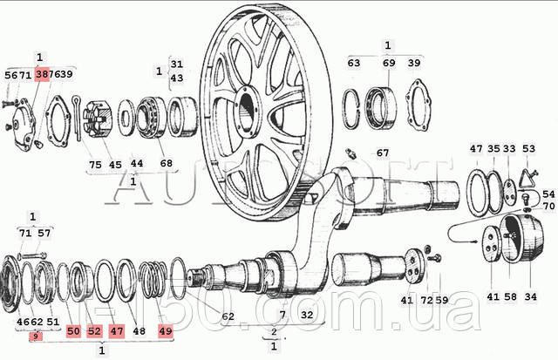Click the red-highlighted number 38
[42, 76]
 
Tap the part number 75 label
[95, 165]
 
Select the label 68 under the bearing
[167, 164]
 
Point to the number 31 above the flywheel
[177, 64]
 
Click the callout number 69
[389, 63]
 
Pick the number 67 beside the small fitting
[382, 153]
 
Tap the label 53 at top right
[528, 149]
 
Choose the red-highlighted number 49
[166, 331]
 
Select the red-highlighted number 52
[94, 331]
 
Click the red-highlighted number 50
[73, 331]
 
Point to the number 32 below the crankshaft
[306, 315]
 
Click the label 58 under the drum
[511, 298]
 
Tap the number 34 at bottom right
[530, 298]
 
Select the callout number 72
[426, 301]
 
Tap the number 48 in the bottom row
[139, 331]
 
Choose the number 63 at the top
[354, 63]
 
